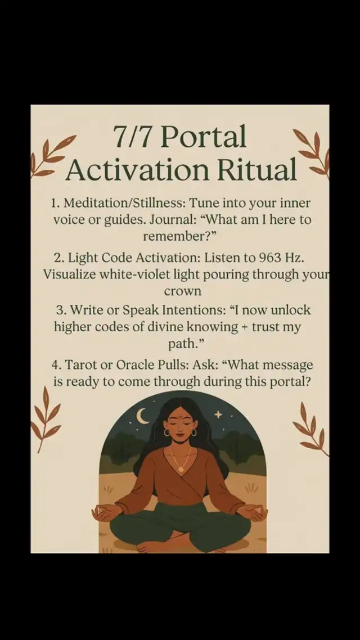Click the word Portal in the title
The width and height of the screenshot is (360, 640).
point(204,136)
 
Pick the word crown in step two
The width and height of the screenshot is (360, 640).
point(182,292)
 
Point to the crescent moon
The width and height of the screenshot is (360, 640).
point(142,416)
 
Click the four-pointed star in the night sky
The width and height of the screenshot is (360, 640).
point(219,414)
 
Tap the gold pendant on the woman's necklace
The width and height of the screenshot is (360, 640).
point(181,470)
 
